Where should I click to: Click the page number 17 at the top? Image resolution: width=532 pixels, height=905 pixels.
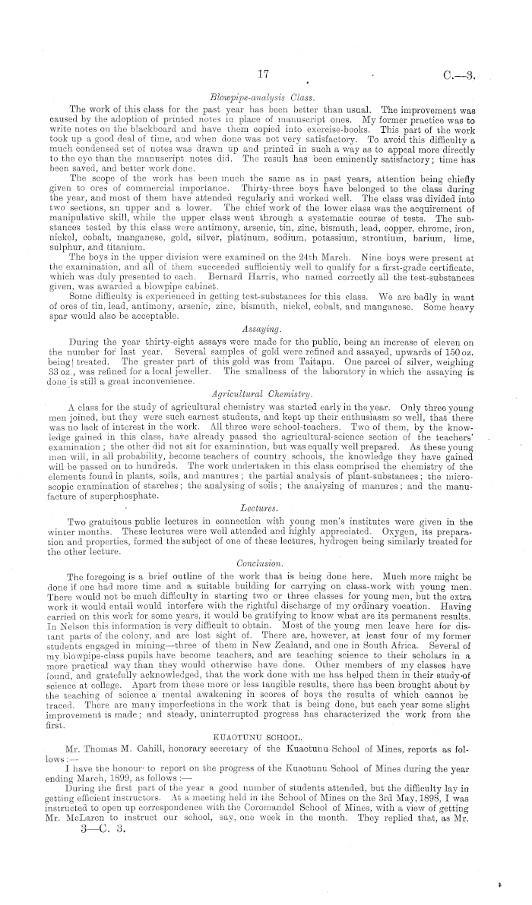tap(264, 75)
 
